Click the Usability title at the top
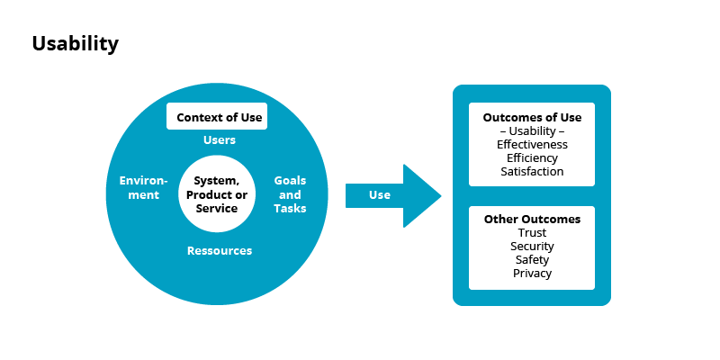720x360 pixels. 75,44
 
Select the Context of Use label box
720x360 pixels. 217,117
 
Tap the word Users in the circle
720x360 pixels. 220,140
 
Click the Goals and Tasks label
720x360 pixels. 290,194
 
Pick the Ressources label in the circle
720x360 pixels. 220,251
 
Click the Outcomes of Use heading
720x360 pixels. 532,118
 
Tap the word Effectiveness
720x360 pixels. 532,144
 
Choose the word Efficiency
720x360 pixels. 532,157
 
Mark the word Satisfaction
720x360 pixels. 532,171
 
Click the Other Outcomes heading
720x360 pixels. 532,219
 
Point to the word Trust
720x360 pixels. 532,233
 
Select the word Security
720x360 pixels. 532,247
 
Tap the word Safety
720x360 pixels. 532,260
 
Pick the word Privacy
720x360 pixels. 532,274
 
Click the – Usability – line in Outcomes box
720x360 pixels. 532,131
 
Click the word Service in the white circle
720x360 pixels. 217,209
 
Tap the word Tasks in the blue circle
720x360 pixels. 290,209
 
